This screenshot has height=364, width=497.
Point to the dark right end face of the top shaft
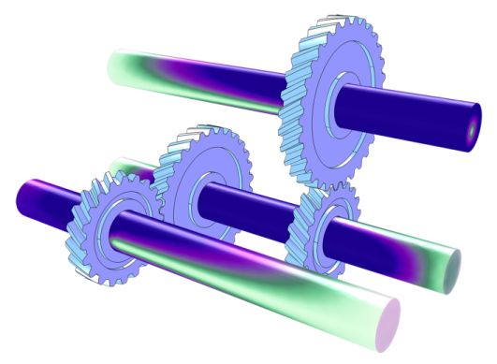(x=472, y=128)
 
